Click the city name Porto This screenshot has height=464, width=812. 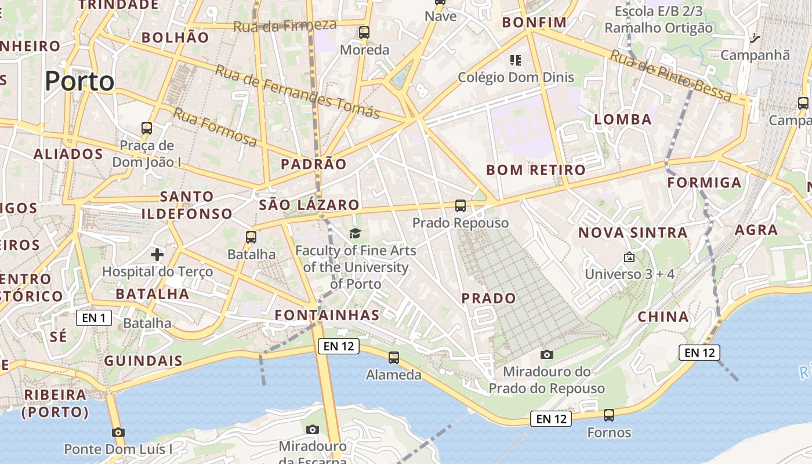79,81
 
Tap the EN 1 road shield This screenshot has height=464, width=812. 93,318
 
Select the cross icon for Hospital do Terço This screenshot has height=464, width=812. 157,254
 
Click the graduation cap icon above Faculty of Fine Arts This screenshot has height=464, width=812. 355,233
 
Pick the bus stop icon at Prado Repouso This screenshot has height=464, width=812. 460,206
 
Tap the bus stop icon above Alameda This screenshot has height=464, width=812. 394,357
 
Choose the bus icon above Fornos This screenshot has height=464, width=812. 608,415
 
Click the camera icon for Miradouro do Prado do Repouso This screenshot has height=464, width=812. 546,354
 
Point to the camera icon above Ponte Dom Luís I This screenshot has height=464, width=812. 118,432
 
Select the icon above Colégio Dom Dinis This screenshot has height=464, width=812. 515,60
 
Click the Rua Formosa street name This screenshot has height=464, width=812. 215,127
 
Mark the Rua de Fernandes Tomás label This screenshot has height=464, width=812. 297,92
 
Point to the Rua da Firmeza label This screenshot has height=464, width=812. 285,26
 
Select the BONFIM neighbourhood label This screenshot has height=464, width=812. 534,23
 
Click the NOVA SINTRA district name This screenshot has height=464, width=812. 633,233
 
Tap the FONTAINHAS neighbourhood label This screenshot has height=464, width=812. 327,316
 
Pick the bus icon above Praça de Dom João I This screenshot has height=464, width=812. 147,128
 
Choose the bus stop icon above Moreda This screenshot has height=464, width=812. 364,32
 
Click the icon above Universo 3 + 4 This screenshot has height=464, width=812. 629,256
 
